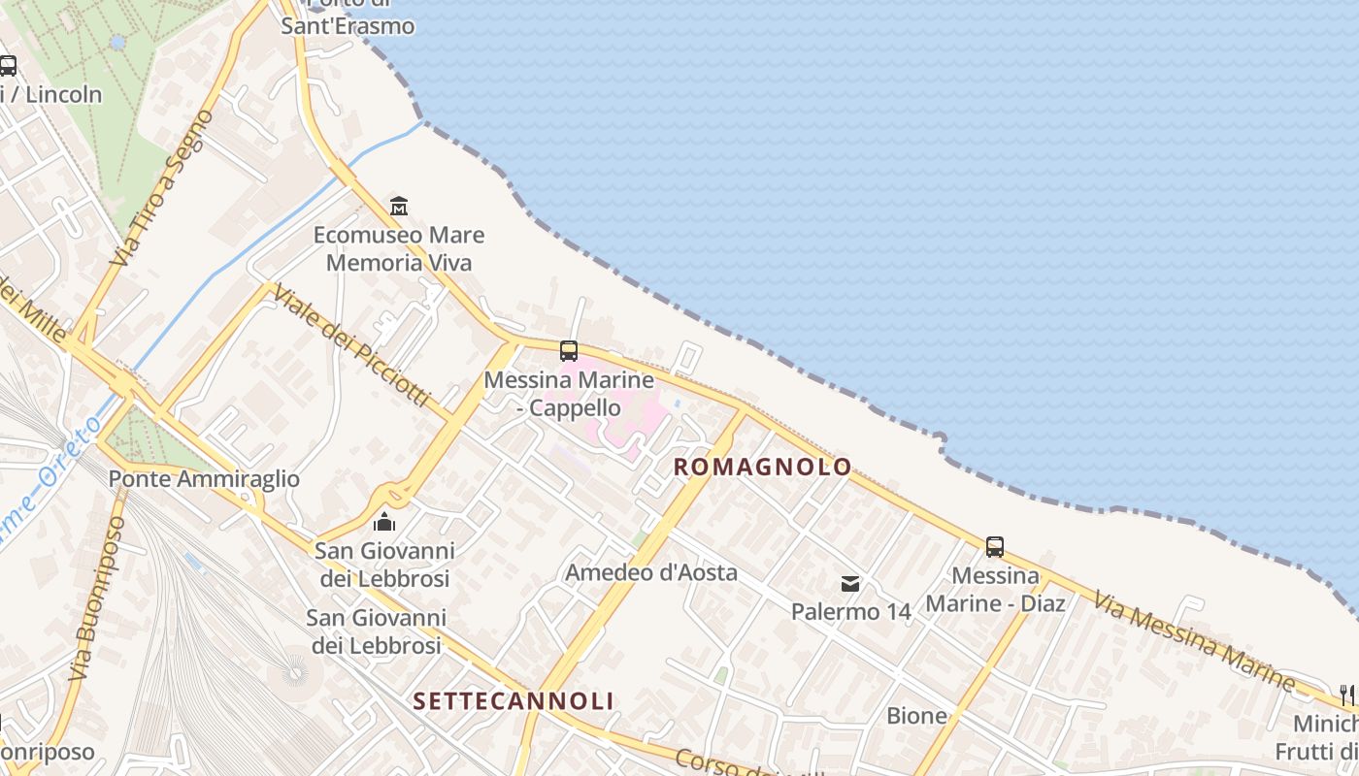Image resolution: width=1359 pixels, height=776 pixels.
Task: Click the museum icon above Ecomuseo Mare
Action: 398,206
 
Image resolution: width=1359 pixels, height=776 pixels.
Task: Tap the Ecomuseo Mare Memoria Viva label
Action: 398,249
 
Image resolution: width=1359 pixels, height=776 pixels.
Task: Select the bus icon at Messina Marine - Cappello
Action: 569,351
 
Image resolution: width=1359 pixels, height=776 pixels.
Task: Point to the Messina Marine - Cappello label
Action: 568,394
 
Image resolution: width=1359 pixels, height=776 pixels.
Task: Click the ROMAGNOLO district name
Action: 762,467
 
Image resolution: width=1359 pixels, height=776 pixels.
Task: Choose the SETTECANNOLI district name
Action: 514,700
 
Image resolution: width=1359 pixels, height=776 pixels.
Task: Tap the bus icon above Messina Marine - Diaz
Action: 995,546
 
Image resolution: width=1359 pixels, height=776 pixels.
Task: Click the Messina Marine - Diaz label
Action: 995,590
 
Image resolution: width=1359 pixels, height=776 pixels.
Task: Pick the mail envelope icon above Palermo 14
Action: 850,583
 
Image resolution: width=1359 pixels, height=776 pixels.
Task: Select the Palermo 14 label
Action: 850,612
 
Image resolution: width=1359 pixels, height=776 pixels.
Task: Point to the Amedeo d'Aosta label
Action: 651,572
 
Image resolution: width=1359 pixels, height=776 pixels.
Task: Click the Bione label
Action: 916,716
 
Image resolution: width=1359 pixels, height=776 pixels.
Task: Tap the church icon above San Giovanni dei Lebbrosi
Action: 384,522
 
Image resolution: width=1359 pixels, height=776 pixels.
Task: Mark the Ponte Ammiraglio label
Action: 204,479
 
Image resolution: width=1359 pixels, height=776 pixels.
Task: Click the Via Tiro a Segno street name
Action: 162,188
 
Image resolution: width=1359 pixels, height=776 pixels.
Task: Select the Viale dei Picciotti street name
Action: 350,344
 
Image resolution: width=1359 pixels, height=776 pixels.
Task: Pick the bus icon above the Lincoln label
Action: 8,66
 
